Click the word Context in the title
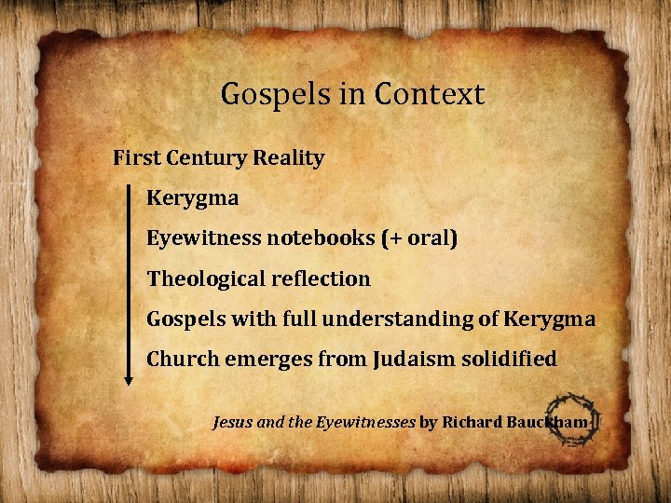(430, 94)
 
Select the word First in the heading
(134, 157)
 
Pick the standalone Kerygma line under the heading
(192, 198)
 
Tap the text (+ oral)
(418, 238)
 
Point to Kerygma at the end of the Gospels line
(549, 319)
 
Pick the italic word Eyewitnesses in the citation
(365, 422)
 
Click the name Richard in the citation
(472, 422)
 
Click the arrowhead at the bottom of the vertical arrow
(130, 376)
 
